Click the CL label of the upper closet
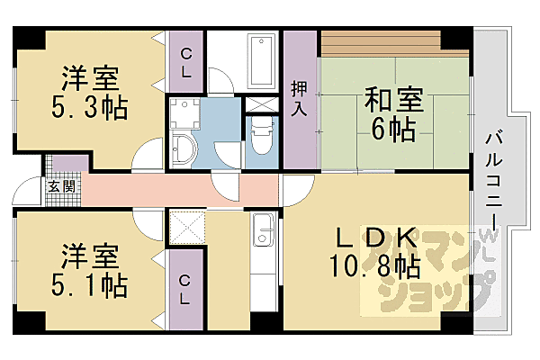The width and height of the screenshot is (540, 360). coord(185,63)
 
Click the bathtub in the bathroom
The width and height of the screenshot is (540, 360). coord(262,58)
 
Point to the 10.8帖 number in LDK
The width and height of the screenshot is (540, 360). coord(377,266)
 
